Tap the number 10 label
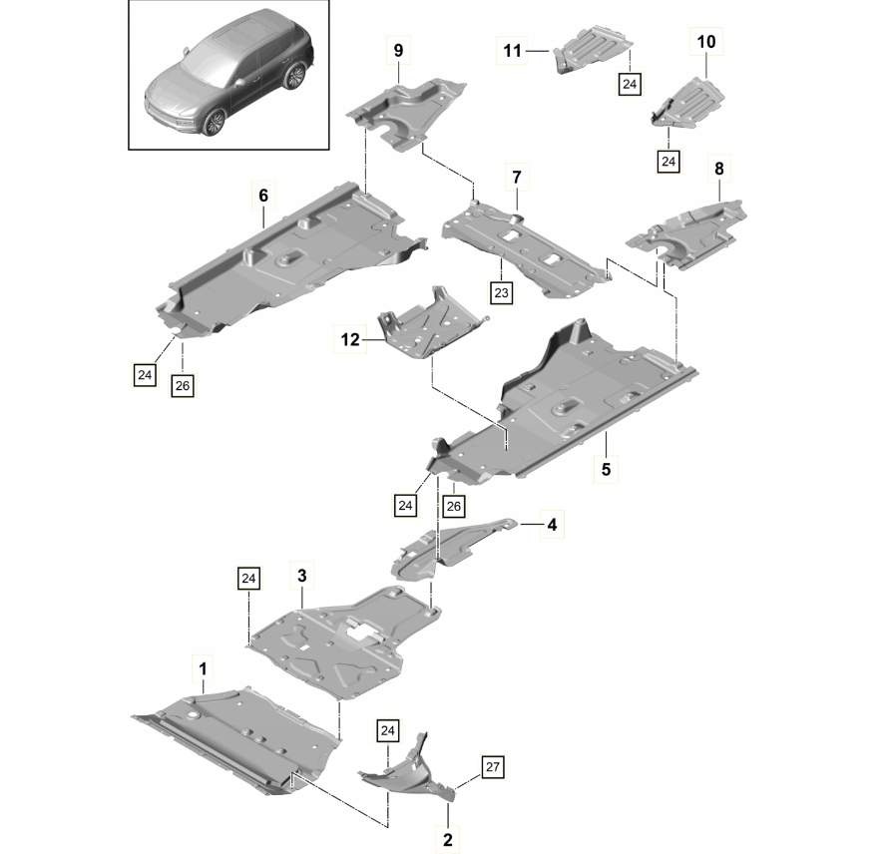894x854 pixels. coord(706,42)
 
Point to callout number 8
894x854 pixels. coord(718,171)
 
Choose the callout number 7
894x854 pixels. coord(517,177)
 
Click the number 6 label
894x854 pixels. coord(263,196)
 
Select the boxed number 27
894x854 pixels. coord(492,767)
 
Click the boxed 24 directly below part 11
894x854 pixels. coord(630,85)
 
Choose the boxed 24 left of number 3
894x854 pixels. coord(248,578)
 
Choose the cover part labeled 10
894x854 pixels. coord(695,98)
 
